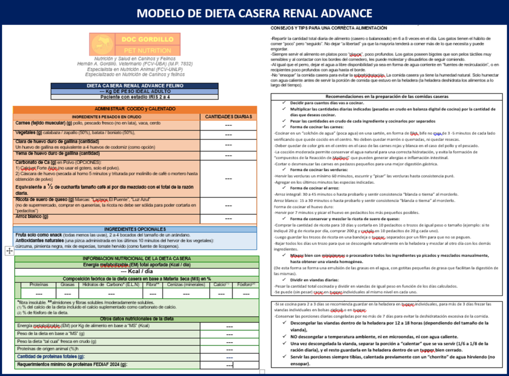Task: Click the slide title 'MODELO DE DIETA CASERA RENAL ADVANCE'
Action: pos(254,12)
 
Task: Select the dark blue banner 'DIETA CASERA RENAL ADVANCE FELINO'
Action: pos(134,85)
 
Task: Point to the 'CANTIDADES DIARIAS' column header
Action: pos(229,117)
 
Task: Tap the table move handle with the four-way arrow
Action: pos(9,251)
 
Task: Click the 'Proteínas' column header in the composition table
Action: pos(39,285)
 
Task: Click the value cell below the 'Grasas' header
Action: pos(68,293)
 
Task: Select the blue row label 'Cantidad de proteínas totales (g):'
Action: pos(51,357)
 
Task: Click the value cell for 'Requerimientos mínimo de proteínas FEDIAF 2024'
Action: pos(229,365)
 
